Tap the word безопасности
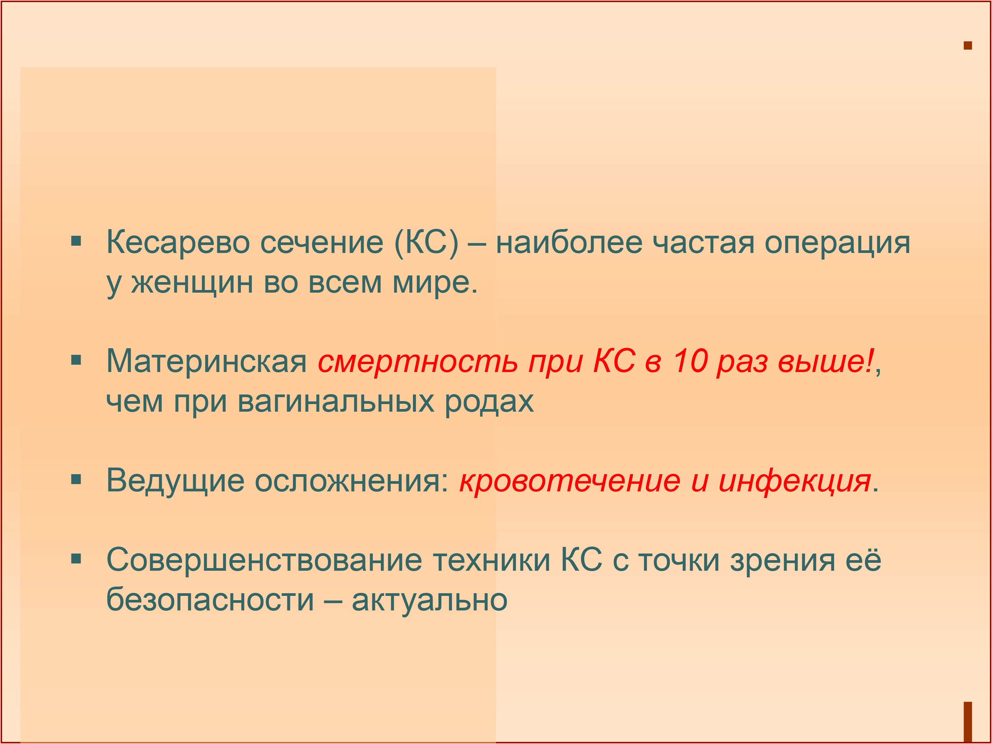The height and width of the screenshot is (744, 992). (210, 600)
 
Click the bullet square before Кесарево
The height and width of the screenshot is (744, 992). (76, 242)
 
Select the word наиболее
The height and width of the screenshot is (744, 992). (569, 243)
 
